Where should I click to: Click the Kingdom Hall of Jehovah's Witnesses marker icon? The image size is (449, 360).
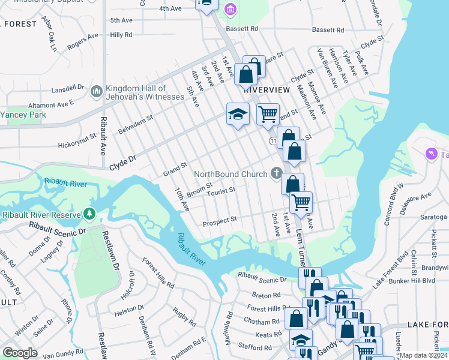[x=96, y=92]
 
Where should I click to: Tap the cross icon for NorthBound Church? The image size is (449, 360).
[x=276, y=174]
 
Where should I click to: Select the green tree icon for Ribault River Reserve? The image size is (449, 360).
[x=89, y=213]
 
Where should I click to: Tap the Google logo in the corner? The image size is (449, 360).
[x=20, y=353]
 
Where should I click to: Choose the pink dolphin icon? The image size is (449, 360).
[x=430, y=155]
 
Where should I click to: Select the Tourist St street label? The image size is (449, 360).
[x=220, y=191]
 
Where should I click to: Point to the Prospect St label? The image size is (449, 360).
[x=220, y=221]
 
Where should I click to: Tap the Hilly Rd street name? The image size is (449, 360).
[x=121, y=35]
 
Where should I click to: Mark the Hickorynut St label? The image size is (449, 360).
[x=77, y=145]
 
